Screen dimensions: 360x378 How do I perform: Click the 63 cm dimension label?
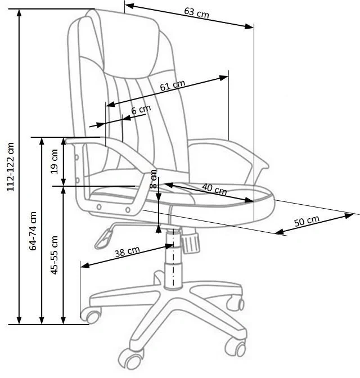[x=196, y=12]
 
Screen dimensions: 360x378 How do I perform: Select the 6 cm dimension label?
[x=141, y=110]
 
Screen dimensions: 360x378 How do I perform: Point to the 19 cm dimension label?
[x=55, y=161]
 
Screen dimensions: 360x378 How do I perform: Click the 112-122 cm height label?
[x=11, y=167]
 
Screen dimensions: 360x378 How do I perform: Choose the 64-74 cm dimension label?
[x=33, y=231]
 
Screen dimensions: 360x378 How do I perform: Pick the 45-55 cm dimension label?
[x=55, y=255]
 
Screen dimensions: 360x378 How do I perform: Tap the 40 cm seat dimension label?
[x=214, y=189]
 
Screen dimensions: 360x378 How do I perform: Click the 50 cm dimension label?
[x=307, y=221]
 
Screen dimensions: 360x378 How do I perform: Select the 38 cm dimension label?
[x=127, y=251]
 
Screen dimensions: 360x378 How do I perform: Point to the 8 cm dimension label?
[x=154, y=179]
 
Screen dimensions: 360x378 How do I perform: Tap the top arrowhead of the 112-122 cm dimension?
[x=19, y=14]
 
